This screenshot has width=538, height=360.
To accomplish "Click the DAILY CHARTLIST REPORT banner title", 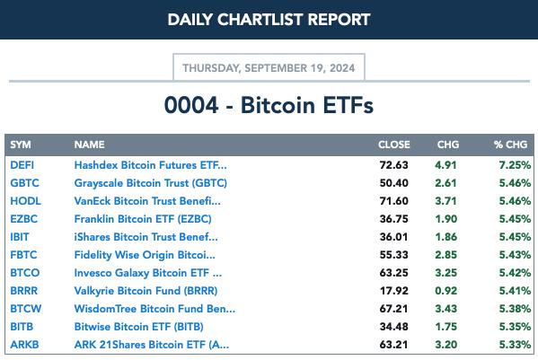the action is (269, 20).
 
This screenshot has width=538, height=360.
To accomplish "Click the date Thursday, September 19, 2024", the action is (269, 68).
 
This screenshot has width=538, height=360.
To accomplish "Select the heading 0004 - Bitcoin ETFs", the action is (269, 105).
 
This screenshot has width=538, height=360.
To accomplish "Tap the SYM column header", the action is (21, 145).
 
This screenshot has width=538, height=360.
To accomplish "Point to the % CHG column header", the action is (510, 145).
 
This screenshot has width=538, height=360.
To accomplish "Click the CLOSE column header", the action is (394, 145).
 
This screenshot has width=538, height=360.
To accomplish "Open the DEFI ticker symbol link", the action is (22, 165).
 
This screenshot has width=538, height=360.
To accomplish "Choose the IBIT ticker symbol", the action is (20, 237).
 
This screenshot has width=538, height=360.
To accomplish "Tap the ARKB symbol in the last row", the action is (24, 345).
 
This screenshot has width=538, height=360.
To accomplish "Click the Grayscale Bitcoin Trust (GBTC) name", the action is (151, 183).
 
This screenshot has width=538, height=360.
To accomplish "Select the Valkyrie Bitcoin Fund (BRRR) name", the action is (146, 291).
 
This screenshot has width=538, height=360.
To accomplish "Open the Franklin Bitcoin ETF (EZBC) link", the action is (143, 219).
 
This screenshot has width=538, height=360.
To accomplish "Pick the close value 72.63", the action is (394, 165).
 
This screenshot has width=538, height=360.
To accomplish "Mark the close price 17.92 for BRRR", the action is (394, 291).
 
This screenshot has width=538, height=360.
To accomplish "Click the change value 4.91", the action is (445, 165).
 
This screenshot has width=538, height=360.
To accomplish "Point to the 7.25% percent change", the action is (515, 165).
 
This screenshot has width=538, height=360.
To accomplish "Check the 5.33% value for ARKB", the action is (515, 345).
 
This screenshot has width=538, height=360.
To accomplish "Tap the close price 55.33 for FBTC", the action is (394, 255).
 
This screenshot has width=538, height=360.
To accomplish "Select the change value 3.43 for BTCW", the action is (445, 309).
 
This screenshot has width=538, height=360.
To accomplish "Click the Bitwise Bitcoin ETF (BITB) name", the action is (138, 327).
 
